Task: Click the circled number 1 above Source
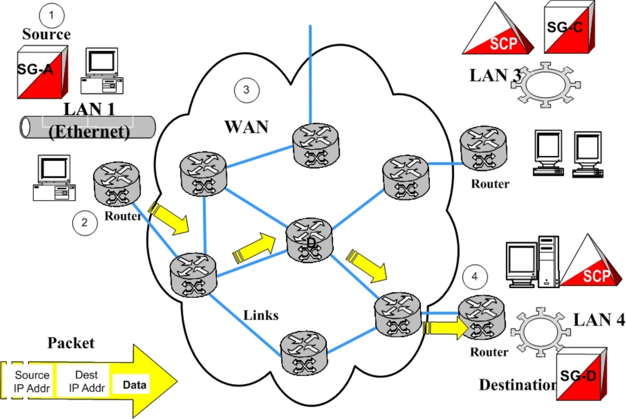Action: point(52,15)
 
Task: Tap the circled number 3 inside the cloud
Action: point(247,90)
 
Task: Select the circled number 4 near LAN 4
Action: point(475,277)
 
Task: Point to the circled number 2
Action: point(85,223)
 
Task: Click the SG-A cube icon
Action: point(42,72)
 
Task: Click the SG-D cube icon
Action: point(581,374)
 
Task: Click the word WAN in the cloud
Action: point(246,127)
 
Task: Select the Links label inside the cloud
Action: point(261,315)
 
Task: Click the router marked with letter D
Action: point(309,240)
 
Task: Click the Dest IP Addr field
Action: point(87,381)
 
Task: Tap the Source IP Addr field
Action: point(32,381)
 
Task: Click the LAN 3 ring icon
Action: point(546,85)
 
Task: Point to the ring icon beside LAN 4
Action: point(540,332)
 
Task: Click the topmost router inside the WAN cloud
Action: point(316,145)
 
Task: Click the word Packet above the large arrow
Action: point(71,343)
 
